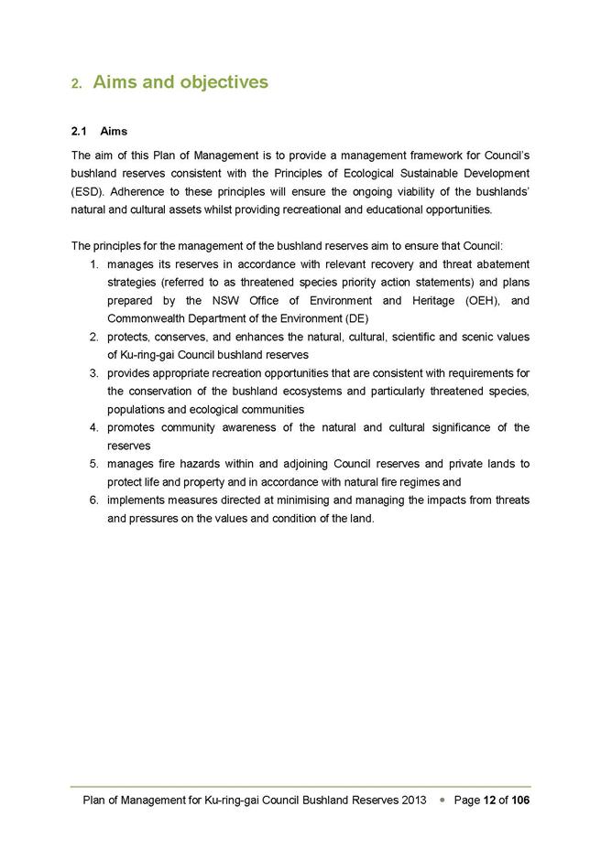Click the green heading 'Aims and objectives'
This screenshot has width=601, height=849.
[x=180, y=82]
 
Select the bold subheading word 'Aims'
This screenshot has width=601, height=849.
[x=114, y=132]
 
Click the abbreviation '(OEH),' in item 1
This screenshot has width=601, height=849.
[x=474, y=300]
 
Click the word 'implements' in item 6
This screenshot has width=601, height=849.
[x=134, y=500]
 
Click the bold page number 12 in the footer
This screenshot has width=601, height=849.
[x=490, y=800]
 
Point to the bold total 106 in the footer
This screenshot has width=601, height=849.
[x=519, y=800]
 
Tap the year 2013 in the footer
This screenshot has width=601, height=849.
[x=414, y=800]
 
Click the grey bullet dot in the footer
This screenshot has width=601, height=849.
[x=442, y=800]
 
